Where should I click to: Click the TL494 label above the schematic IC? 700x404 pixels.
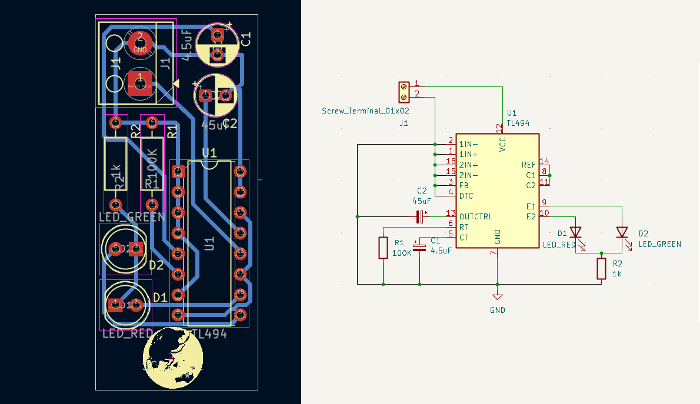(518, 123)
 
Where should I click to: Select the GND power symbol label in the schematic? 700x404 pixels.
(497, 310)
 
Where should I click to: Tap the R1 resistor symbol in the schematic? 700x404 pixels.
(384, 248)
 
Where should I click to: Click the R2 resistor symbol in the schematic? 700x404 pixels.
(601, 268)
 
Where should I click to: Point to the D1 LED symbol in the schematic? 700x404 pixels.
(575, 233)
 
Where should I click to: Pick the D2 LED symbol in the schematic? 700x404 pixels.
(622, 232)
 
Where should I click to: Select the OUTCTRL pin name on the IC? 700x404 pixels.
(476, 216)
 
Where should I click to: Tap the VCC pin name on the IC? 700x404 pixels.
(502, 144)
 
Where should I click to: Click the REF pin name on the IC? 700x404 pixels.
(528, 165)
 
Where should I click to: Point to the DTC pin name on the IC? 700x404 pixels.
(466, 196)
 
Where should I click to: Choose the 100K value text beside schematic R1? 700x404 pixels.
(402, 253)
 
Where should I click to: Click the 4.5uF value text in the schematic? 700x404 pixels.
(441, 251)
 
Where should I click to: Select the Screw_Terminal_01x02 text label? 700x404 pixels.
(365, 111)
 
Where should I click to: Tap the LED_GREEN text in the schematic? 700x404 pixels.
(659, 244)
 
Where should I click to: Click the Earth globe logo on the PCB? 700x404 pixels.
(173, 358)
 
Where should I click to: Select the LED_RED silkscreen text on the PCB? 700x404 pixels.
(126, 334)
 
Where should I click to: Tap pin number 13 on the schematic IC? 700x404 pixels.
(451, 213)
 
